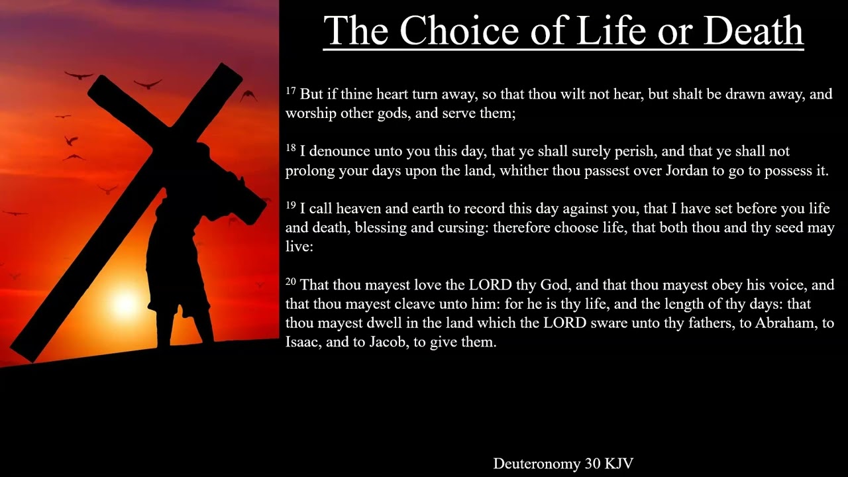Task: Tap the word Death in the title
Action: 753,30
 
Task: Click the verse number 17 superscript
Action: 291,91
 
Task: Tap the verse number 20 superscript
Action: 291,282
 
